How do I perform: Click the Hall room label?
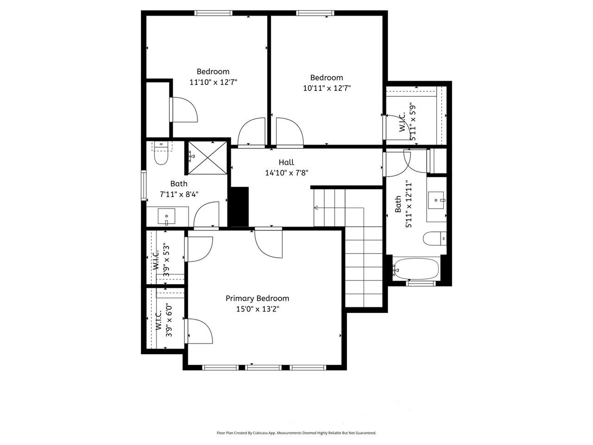coord(286,162)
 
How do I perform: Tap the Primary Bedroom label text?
coord(257,299)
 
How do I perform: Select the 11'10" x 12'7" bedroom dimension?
coord(213,82)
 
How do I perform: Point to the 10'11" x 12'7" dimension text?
coord(327,88)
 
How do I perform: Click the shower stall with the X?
coord(208,158)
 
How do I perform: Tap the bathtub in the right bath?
coord(416,269)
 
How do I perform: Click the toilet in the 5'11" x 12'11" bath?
coord(434,239)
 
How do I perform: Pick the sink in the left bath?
coord(166,216)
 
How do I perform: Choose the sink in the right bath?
coord(436,200)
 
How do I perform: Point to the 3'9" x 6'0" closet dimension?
coord(169,320)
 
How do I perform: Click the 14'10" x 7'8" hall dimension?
coord(286,173)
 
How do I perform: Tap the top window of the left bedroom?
coord(213,13)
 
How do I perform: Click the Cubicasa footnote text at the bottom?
coord(296,433)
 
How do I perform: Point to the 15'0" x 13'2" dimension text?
coord(257,309)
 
